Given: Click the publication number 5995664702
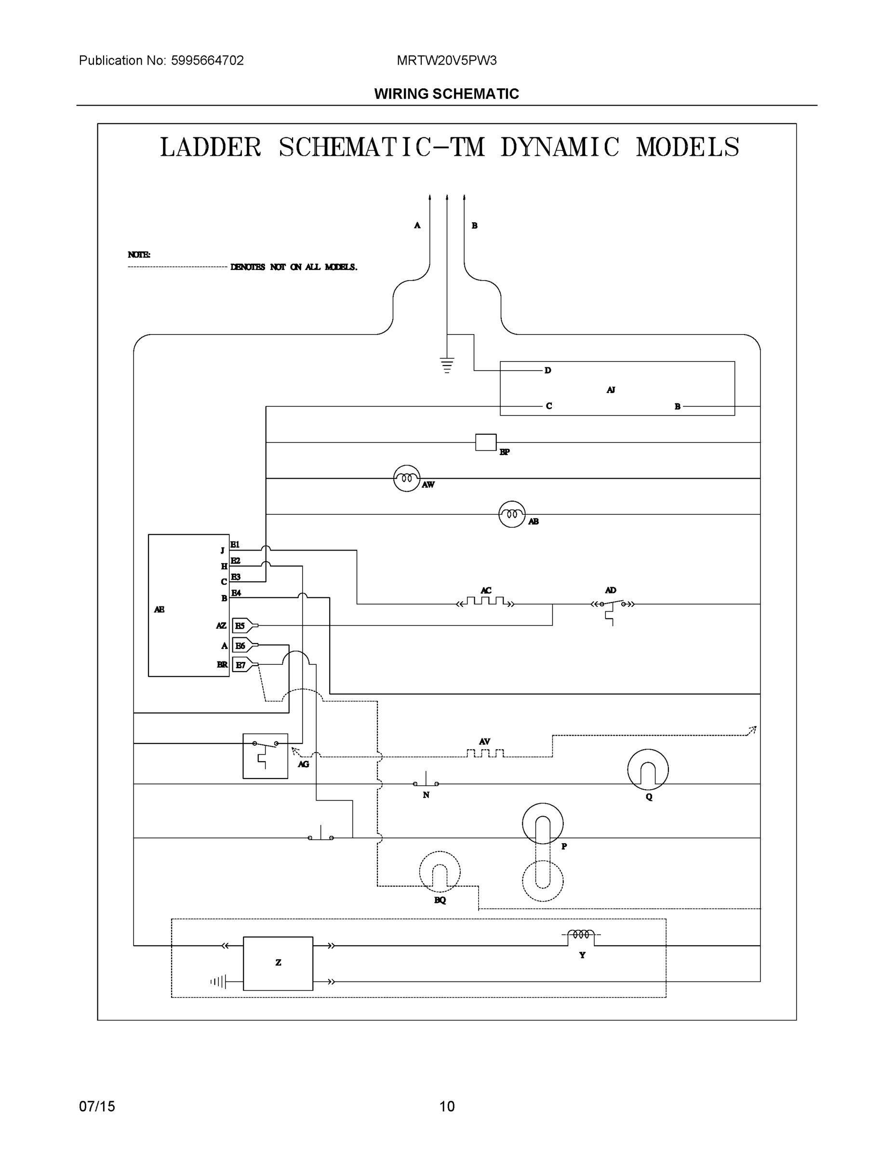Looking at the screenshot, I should pos(207,60).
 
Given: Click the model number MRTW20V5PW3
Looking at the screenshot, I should pos(446,60).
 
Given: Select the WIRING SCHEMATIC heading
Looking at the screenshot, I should pos(446,94).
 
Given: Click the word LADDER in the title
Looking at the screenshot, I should pos(210,147).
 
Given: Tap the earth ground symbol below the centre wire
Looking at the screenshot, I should pos(447,365).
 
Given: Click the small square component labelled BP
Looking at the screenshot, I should pos(486,442).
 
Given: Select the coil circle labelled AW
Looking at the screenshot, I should pos(406,478).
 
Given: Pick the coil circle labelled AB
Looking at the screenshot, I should pos(512,514).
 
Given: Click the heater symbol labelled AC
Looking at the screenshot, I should pos(485,601).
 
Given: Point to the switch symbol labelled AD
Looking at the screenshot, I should pos(613,605).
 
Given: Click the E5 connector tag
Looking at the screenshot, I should pos(241,626).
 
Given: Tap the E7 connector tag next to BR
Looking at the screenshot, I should pos(241,665).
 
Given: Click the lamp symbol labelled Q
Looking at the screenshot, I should pos(648,770).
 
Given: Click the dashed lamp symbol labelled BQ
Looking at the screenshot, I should pos(440,872).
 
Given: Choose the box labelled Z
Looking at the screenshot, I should pos(278,963).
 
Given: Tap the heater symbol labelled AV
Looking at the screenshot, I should pos(485,753).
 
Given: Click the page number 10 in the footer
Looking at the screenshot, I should pos(446,1107).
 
